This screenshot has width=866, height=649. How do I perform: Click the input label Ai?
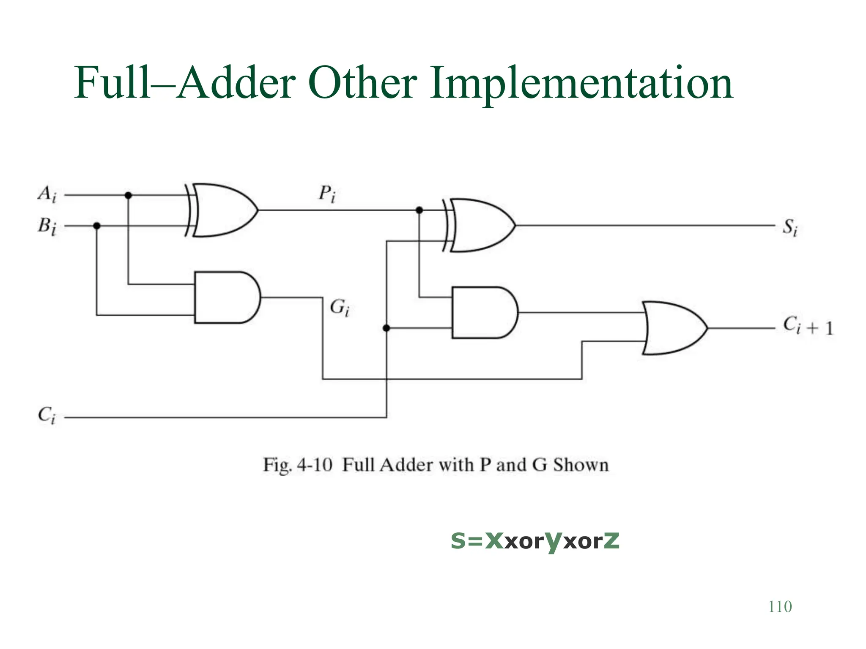(x=47, y=195)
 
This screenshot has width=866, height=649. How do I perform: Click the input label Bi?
(x=47, y=226)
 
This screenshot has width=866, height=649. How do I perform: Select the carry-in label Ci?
(x=47, y=415)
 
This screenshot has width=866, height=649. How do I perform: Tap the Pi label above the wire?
(x=327, y=194)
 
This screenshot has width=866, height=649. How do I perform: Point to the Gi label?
(x=340, y=307)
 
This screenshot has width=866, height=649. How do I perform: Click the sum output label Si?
(x=789, y=227)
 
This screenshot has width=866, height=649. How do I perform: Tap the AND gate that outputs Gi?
(x=227, y=297)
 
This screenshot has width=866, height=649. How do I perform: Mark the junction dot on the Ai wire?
(x=128, y=195)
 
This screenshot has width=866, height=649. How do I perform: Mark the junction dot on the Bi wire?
(x=97, y=226)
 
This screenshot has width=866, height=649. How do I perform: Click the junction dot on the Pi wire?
(x=419, y=210)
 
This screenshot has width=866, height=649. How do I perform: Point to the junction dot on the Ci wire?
(x=386, y=328)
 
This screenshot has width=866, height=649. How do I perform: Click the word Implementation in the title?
(x=581, y=84)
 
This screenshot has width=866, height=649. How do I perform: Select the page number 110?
(x=780, y=607)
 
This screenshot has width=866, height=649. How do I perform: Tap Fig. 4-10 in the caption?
(x=297, y=465)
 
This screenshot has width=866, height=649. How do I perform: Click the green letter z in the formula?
(x=611, y=540)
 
